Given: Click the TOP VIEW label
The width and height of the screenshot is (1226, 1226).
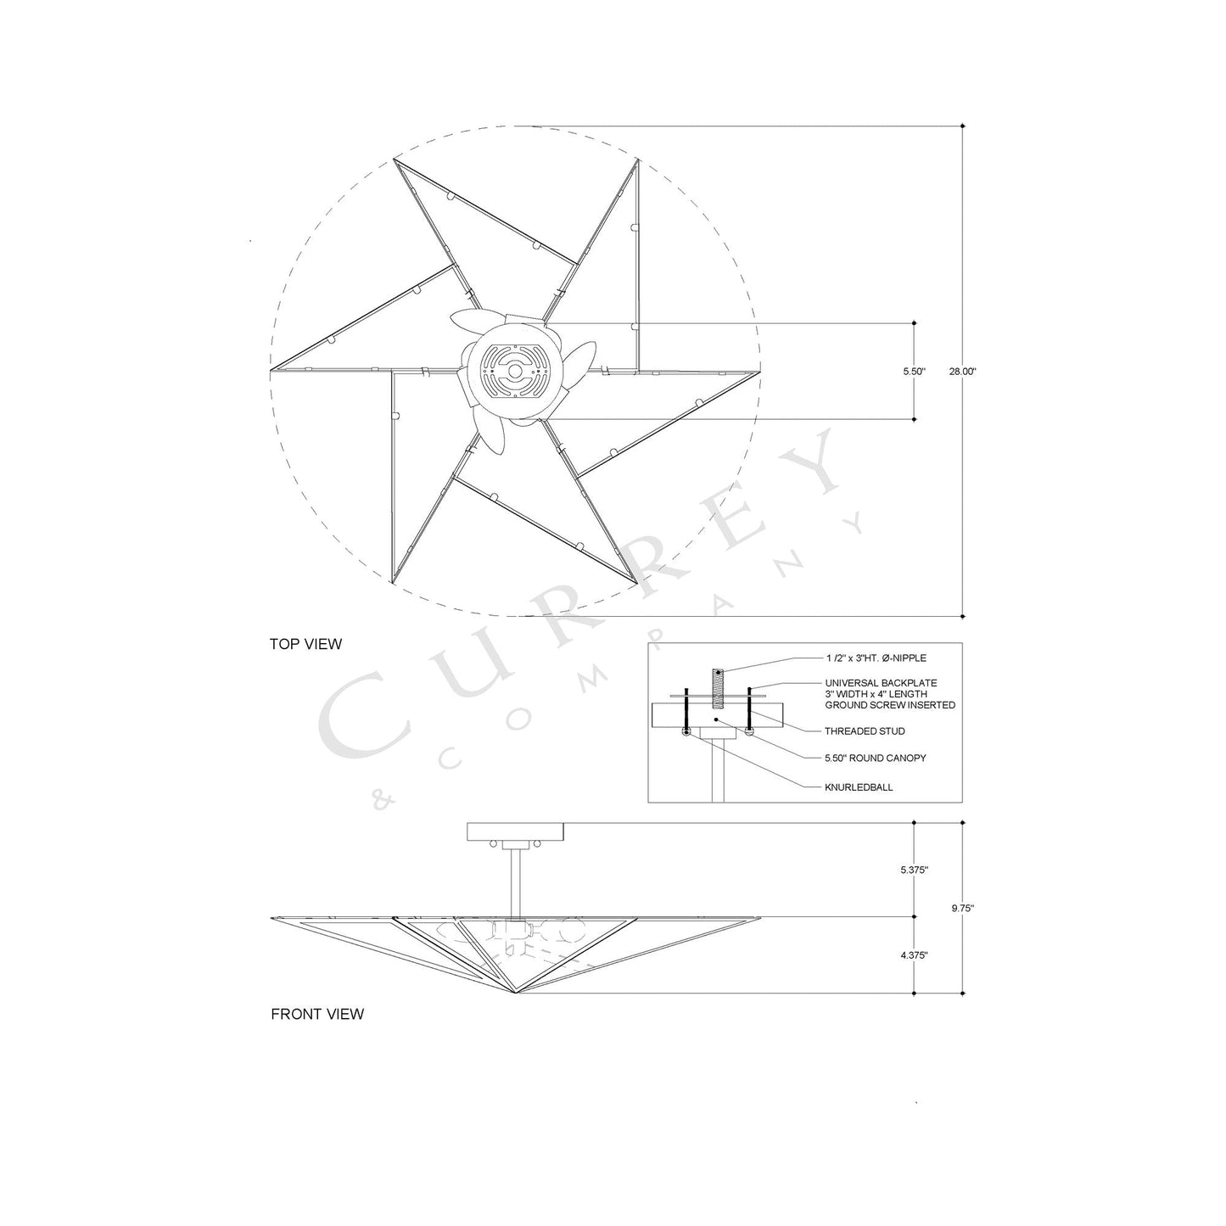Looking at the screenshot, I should [305, 644].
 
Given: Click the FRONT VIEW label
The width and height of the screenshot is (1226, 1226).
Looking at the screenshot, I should [316, 1014].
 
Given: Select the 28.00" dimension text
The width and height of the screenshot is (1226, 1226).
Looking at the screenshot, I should [963, 372].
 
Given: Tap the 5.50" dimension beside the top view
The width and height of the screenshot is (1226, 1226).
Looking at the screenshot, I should [914, 372].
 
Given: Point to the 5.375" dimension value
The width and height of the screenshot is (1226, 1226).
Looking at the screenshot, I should [915, 871].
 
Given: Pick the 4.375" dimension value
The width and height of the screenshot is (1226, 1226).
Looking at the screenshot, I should [915, 955].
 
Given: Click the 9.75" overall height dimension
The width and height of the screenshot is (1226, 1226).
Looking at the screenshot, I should [962, 908].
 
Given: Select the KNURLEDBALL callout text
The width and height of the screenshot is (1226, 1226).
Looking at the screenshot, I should [859, 787].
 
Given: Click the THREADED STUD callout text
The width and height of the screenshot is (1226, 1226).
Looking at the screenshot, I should [865, 731].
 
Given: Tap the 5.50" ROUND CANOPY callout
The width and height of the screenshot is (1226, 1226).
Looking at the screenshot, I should [875, 759].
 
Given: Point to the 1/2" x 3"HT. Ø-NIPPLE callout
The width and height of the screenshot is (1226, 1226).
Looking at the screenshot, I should [875, 658].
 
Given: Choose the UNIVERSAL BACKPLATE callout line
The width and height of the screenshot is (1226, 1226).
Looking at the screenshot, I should [881, 682].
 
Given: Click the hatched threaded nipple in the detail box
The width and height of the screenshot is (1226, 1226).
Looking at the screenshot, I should [717, 686].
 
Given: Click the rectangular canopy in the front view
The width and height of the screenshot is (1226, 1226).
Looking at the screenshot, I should [516, 832].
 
